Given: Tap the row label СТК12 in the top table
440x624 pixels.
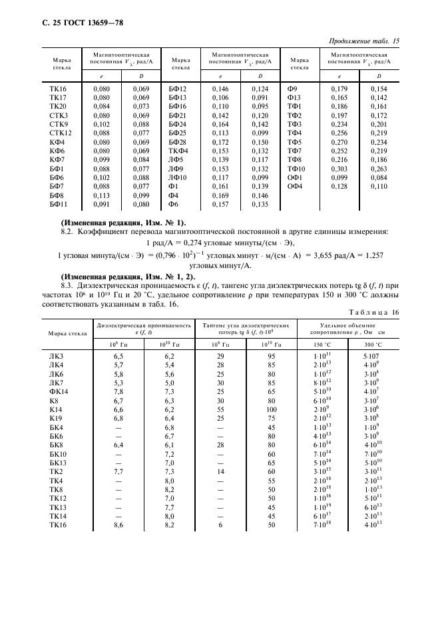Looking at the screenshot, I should [60, 133].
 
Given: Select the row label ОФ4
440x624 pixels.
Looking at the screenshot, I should [295, 187].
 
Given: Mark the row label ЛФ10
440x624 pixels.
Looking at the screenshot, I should [178, 178].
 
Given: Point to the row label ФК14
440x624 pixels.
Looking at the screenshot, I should [59, 391].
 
